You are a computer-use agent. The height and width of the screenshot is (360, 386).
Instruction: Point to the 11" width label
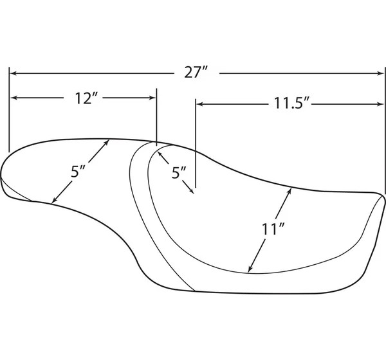point(273,229)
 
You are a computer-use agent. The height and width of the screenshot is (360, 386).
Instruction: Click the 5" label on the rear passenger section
point(78,172)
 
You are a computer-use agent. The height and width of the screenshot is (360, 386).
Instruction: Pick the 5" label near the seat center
point(179,173)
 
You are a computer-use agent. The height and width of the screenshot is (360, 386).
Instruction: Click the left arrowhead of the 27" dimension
point(14,73)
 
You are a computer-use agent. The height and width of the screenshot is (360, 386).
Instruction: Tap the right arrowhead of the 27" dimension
point(380,73)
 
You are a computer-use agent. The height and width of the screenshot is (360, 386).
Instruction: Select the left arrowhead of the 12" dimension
point(14,98)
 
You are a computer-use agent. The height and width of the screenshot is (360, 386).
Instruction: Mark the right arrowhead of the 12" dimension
point(152,98)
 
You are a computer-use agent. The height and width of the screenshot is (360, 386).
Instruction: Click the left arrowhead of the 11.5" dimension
point(199,104)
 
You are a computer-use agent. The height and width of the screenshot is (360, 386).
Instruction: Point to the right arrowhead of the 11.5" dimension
point(380,104)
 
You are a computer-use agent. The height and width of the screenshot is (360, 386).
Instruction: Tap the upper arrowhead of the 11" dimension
point(289,191)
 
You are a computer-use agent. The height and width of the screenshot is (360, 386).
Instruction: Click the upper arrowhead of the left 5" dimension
point(106,142)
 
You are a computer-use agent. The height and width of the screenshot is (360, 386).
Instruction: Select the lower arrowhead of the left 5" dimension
point(54,201)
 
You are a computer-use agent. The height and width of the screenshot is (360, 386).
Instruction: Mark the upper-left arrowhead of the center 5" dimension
point(160,154)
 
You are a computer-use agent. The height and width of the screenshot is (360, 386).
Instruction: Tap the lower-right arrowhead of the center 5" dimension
point(191,190)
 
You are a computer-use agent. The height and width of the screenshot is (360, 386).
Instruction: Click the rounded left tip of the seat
point(1,175)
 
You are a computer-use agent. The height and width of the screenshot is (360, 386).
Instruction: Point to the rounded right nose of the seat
point(383,197)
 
